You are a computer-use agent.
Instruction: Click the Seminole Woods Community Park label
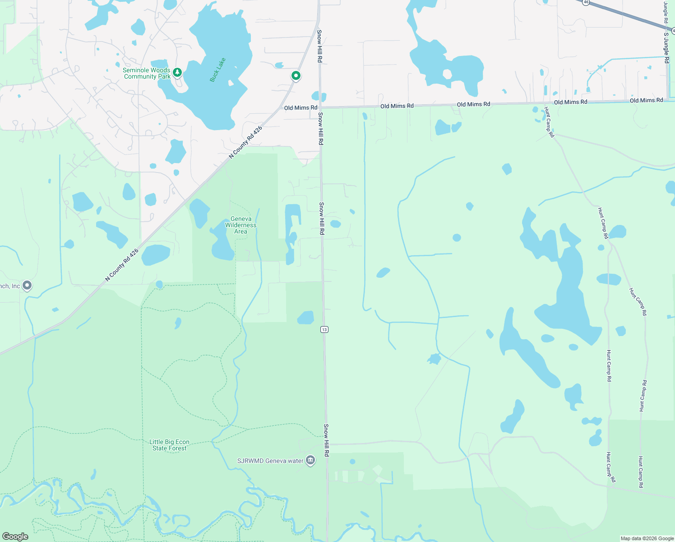[x=147, y=73]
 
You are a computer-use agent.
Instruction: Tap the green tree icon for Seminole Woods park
[x=177, y=72]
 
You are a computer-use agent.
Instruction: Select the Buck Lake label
[x=217, y=70]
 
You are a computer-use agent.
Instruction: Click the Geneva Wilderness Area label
[x=240, y=225]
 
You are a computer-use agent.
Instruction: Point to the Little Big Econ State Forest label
[x=169, y=445]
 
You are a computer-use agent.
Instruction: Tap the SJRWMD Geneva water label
[x=270, y=461]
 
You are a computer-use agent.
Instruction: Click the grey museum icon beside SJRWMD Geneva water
[x=310, y=460]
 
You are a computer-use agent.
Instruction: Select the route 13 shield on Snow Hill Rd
[x=324, y=329]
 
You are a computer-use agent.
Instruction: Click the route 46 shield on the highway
[x=586, y=2]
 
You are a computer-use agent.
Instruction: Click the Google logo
[x=15, y=537]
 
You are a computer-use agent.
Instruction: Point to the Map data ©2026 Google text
[x=647, y=538]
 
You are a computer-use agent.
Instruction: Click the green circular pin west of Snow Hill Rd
[x=296, y=76]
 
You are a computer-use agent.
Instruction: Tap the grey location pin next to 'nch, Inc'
[x=27, y=285]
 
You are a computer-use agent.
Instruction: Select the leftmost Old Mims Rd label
[x=301, y=108]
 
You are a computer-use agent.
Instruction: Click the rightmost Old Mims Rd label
[x=646, y=100]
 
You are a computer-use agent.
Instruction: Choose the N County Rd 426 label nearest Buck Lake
[x=245, y=143]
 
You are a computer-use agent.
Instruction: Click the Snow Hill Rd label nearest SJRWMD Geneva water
[x=326, y=440]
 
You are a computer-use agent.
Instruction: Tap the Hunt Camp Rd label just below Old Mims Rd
[x=549, y=122]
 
